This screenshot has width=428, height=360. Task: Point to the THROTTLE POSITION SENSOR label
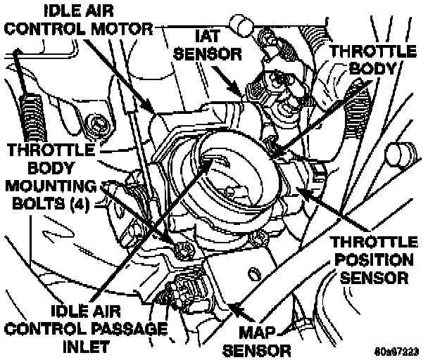click(x=374, y=259)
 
